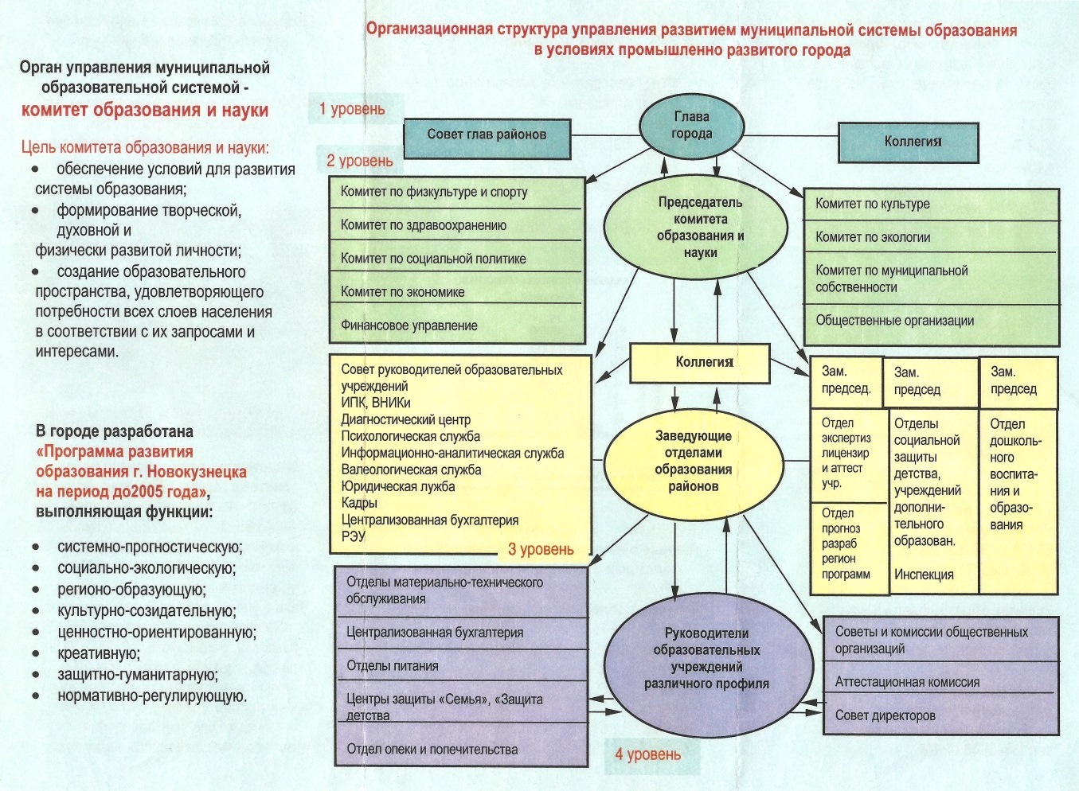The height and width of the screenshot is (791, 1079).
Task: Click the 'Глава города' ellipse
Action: coord(691,126)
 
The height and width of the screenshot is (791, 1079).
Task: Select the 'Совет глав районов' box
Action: coord(487,135)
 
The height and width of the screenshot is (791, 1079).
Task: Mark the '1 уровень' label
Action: coord(352,110)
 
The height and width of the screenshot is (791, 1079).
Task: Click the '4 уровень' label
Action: coord(647,754)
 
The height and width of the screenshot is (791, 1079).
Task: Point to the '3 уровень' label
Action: coord(541,549)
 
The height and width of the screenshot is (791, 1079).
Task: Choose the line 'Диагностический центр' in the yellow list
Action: coord(406,419)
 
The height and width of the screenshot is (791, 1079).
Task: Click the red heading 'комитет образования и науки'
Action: coord(145,111)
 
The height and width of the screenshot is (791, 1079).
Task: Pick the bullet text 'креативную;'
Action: coord(99,653)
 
